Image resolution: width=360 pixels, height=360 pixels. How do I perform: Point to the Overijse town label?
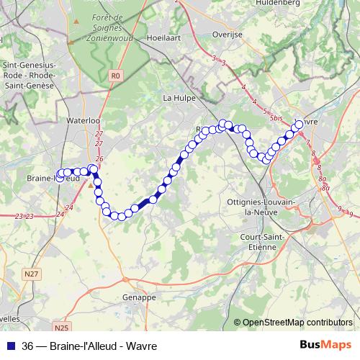[x=229, y=34]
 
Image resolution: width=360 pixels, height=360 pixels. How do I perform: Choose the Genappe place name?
[x=140, y=297]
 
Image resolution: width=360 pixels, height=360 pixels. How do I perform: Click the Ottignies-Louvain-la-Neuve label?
[x=259, y=207]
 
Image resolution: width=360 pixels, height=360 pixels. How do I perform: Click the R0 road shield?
[x=116, y=75]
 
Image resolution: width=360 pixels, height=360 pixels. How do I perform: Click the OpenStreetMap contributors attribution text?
[x=298, y=323]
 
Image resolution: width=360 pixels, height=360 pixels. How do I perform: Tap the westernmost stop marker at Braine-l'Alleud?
[x=60, y=174]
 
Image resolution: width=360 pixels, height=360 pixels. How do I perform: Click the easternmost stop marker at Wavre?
[x=300, y=125]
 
